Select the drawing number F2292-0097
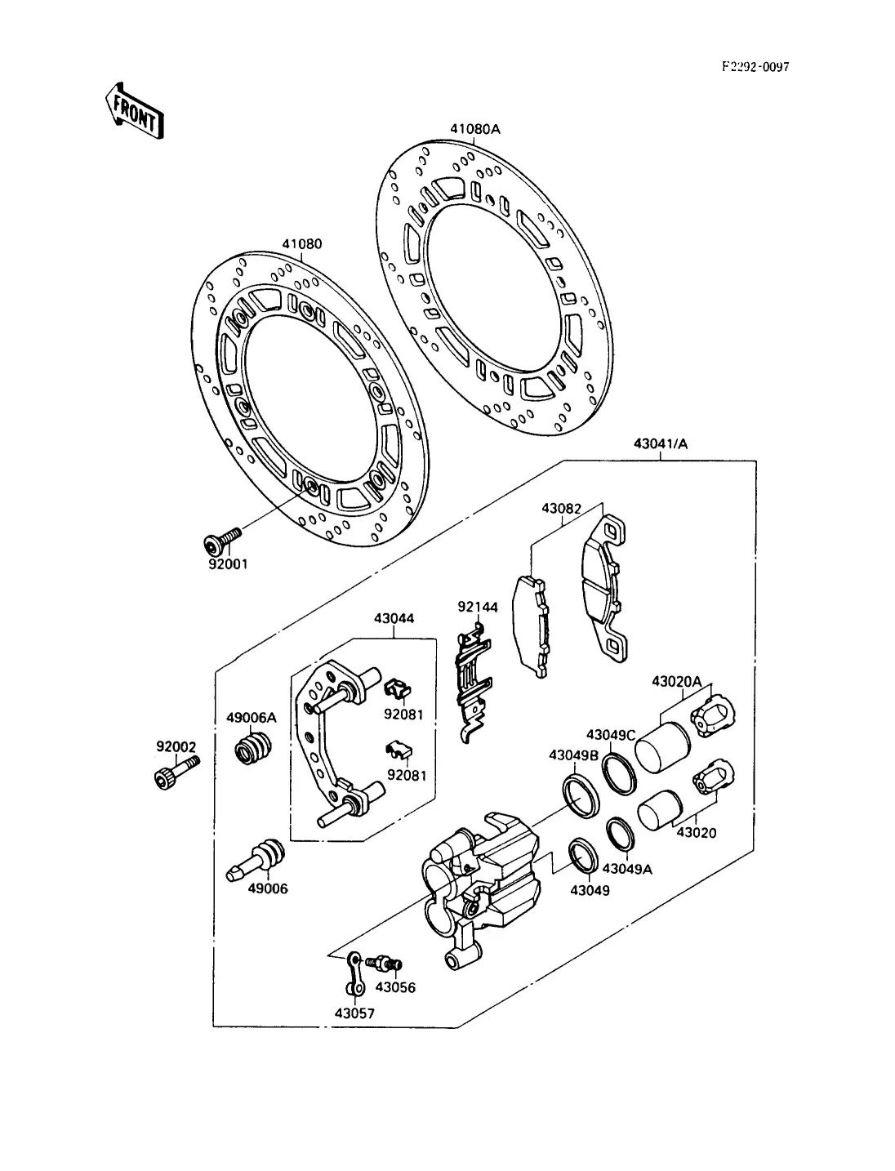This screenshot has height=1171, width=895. [x=755, y=67]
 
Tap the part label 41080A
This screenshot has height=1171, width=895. [x=475, y=129]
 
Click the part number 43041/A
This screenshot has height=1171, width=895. [x=661, y=443]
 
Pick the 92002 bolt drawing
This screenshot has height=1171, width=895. [x=176, y=772]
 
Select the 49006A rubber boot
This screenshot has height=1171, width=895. [x=253, y=747]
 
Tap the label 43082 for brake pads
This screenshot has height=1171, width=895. [x=561, y=509]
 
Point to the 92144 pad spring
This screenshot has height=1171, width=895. [x=473, y=683]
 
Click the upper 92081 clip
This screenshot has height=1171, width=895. [x=398, y=689]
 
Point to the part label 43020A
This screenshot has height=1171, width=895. [x=676, y=681]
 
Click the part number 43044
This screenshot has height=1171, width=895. [x=394, y=618]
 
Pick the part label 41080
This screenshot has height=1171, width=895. [x=302, y=244]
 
